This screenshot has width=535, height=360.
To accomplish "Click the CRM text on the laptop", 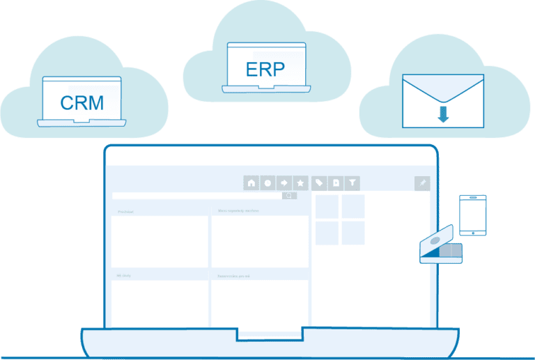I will click(82, 103).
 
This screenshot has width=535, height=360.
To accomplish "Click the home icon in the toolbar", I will click(251, 183).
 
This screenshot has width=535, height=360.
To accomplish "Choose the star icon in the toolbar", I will click(301, 183).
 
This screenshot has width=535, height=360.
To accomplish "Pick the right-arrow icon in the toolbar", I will click(284, 183).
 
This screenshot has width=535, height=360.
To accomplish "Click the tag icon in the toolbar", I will click(319, 183).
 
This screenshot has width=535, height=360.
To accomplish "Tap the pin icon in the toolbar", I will click(421, 183).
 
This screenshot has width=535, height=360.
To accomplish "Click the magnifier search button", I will click(289, 196).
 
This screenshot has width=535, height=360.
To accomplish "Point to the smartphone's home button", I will click(472, 232).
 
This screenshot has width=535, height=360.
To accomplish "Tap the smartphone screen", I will click(472, 213).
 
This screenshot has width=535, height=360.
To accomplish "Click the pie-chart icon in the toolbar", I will click(267, 183).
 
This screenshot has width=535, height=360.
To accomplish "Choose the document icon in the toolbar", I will click(336, 183).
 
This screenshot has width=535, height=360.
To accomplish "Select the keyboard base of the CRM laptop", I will click(82, 123).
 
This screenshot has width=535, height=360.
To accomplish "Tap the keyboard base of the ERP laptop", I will click(266, 88).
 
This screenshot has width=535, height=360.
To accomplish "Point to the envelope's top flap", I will click(443, 87).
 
